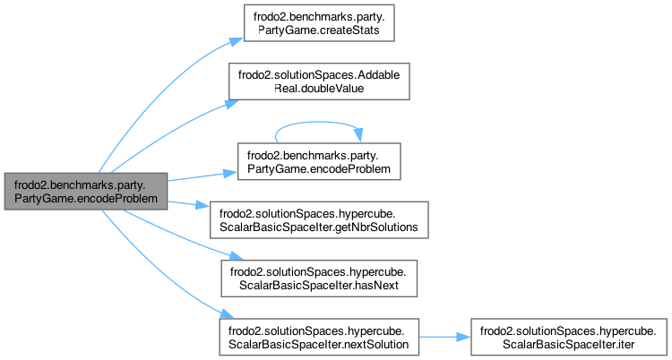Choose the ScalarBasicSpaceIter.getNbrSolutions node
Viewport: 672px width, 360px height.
(319, 219)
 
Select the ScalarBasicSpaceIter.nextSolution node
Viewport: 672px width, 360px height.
(319, 336)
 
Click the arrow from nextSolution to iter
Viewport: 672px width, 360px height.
(444, 336)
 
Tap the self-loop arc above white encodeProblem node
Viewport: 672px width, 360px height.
(318, 124)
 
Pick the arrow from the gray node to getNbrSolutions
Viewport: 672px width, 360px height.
(188, 204)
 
